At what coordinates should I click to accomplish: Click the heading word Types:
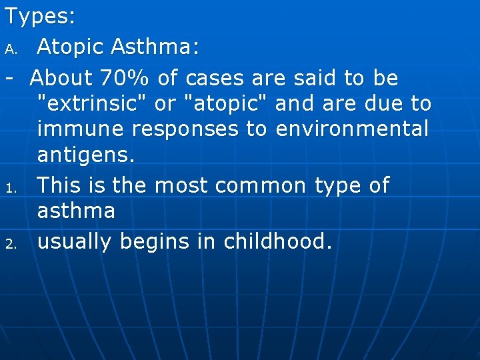[x=40, y=17]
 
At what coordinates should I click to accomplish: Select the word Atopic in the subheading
[x=70, y=47]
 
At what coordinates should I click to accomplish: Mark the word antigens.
[x=86, y=156]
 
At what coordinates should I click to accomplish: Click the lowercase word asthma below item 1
[x=76, y=211]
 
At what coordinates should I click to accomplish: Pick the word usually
[x=75, y=242]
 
